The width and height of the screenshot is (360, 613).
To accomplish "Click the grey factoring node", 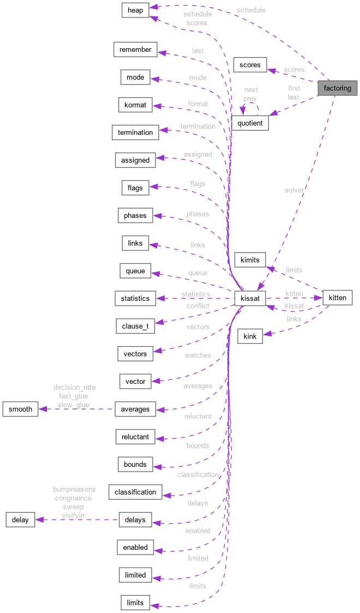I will point(338,88).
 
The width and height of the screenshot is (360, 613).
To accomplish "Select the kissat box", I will point(250,299).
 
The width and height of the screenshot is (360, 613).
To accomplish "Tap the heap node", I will point(135,10).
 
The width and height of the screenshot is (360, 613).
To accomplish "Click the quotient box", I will point(250,123).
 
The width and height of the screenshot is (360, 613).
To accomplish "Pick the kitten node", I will point(338,297).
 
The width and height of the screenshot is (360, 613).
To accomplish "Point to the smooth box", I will point(20,409).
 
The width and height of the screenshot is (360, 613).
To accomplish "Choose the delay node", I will point(20,519).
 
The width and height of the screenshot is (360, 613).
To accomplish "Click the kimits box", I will point(250,259).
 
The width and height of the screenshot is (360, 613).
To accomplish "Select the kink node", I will point(250,336).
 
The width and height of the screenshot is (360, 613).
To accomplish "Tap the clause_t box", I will point(135,326).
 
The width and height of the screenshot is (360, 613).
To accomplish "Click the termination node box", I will point(135,132).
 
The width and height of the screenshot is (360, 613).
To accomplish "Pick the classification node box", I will point(135,492).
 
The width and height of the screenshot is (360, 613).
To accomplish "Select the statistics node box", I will point(135,299).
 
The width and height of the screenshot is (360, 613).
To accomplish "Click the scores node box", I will point(250,65).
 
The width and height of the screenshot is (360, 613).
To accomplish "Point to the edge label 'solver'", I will point(294,190).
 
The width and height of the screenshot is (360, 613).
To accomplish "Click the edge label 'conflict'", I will point(197,306).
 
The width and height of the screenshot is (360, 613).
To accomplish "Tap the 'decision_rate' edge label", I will point(75,388).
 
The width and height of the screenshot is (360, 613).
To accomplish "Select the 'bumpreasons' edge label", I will point(74,489).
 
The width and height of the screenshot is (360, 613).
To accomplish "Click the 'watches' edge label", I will point(197,355).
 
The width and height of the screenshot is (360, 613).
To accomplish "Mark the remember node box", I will point(135,50).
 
